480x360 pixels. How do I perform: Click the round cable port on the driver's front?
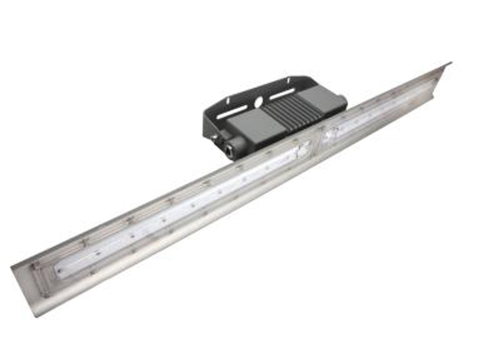[x=229, y=147]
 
